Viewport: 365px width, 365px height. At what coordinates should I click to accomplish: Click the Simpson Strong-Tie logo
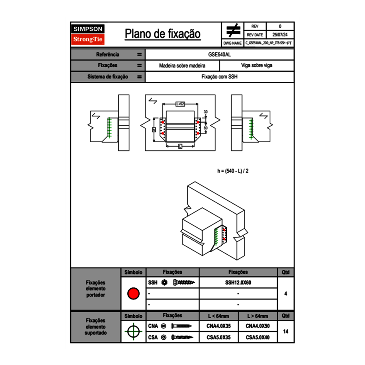coord(88,34)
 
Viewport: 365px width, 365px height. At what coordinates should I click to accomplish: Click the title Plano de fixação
coord(163,34)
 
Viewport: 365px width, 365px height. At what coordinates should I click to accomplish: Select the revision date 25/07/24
coord(280,35)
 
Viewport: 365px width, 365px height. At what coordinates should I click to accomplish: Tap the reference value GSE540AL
coord(219,54)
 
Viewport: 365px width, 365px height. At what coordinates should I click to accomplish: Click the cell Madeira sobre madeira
coord(182,66)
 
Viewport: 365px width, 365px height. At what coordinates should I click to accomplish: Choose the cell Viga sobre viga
coord(256,66)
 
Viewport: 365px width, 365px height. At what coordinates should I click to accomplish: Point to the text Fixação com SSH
coord(219,77)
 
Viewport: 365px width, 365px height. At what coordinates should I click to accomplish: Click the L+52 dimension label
coord(180,104)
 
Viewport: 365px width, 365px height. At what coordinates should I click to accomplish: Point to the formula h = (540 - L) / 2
coord(233,171)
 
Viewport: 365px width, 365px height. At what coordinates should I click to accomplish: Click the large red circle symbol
coord(133,294)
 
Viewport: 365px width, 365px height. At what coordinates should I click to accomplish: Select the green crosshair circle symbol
coord(133,331)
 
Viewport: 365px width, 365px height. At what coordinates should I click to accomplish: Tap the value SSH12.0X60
coord(238,283)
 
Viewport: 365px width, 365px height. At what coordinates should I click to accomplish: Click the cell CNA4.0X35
coord(218,326)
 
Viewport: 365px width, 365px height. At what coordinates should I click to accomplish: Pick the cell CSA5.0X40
coord(258,338)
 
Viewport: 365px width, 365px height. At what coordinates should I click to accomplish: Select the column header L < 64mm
coord(218,316)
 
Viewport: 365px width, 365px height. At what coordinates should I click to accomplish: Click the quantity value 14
coord(285,331)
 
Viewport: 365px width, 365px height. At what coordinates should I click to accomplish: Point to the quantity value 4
coord(285,294)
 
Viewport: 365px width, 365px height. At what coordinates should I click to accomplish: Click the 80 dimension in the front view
coord(206,128)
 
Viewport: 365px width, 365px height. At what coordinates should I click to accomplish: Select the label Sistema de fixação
coord(108,77)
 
